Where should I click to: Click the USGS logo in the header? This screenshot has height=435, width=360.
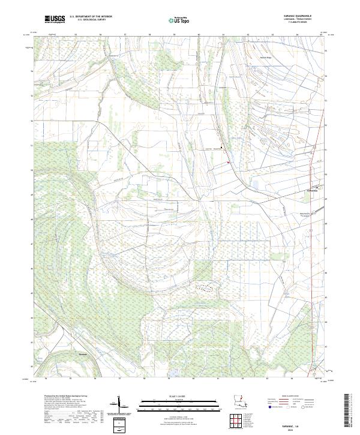(55, 19)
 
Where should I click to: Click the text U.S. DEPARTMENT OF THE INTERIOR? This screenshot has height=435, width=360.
(91, 17)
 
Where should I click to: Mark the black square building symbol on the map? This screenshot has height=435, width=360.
(221, 148)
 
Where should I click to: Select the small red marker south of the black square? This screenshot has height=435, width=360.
(228, 161)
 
